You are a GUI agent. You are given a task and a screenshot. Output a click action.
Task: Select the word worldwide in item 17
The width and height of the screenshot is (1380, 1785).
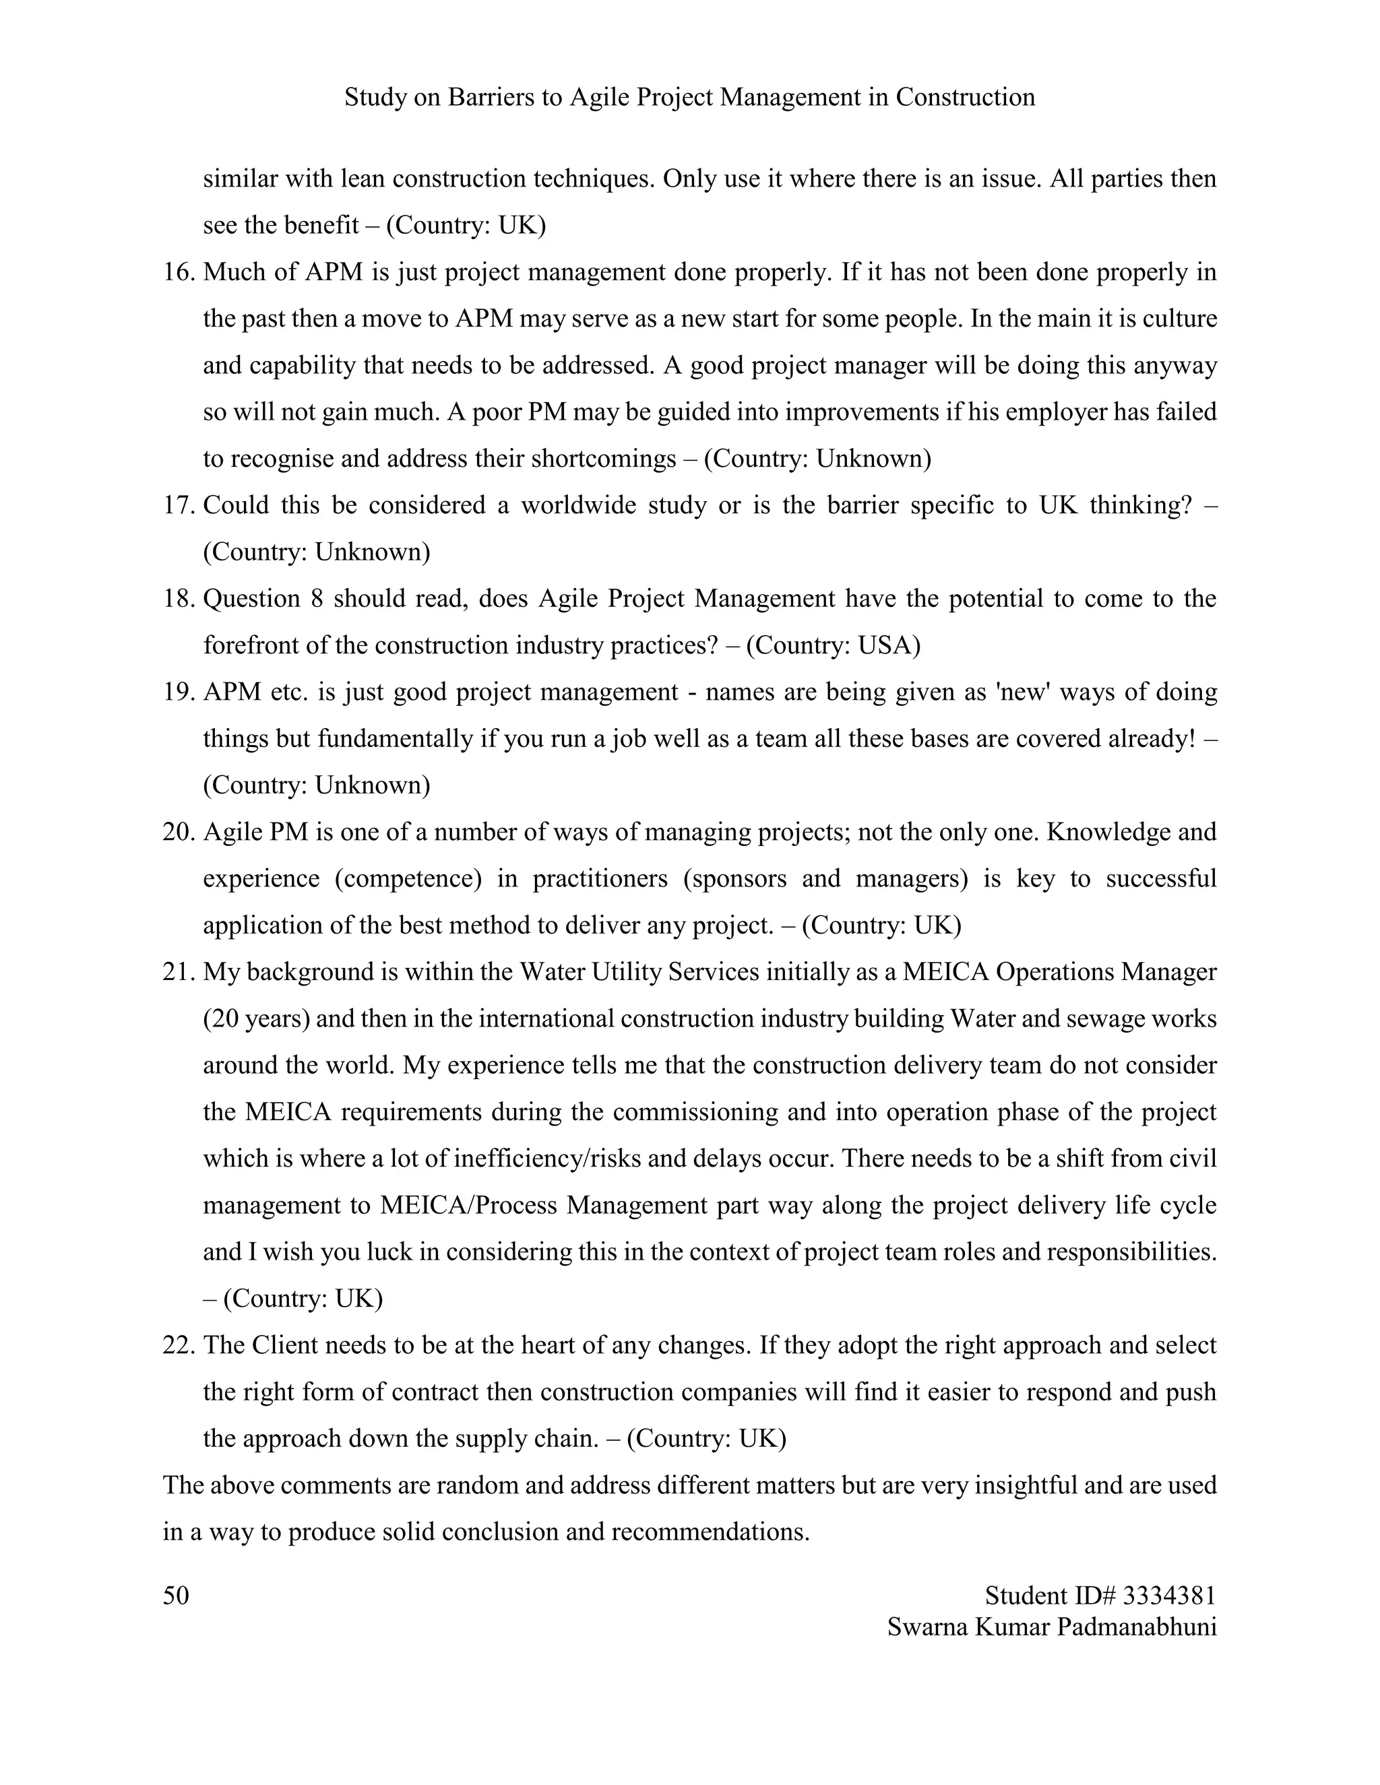pyautogui.click(x=577, y=505)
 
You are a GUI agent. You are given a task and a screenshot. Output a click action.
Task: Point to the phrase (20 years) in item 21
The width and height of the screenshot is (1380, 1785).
pyautogui.click(x=256, y=1019)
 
